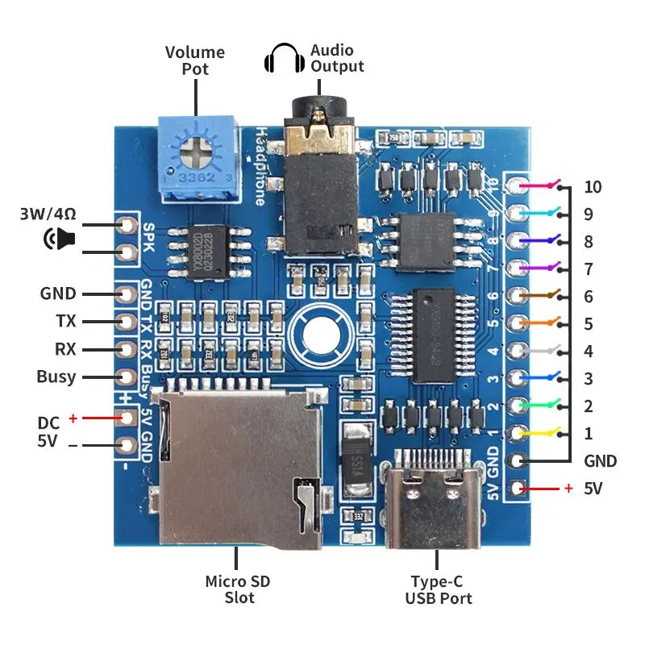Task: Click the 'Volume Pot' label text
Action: click(x=195, y=60)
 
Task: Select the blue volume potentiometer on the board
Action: click(x=198, y=157)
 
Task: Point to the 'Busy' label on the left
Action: click(x=56, y=377)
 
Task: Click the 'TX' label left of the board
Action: click(x=66, y=321)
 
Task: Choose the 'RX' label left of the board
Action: click(x=65, y=349)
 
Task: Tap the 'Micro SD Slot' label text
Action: click(x=238, y=589)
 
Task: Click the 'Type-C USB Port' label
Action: click(x=439, y=589)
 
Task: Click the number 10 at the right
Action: click(x=593, y=187)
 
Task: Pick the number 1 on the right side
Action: click(x=588, y=434)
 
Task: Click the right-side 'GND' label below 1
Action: click(x=600, y=461)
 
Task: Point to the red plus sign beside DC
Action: click(x=73, y=418)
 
